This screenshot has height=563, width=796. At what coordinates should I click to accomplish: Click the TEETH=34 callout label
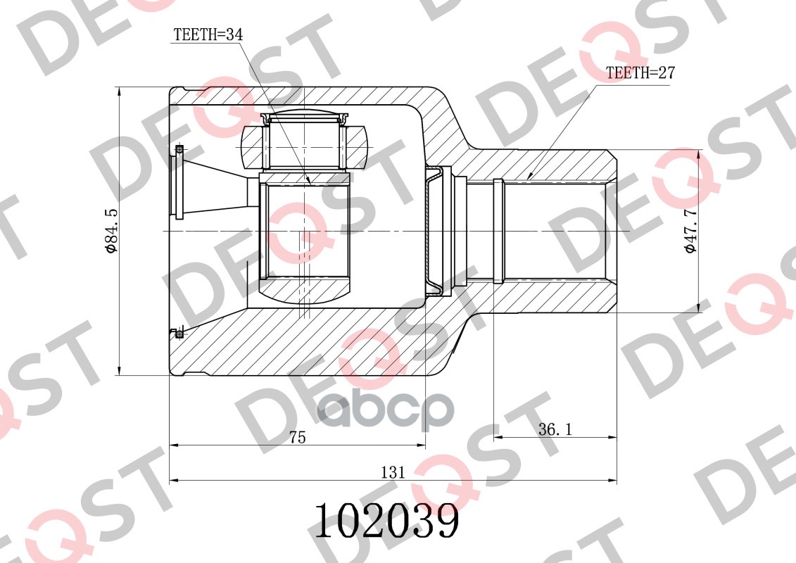pos(203,33)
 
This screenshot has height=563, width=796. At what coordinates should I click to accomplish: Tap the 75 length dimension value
pos(297,437)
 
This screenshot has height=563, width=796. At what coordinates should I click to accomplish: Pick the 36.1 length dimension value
pos(555,429)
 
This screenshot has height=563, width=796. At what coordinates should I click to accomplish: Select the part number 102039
pos(386,521)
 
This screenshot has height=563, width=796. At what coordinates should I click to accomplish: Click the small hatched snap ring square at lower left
pos(179,333)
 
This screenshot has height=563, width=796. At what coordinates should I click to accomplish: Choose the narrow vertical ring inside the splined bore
pos(498,231)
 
